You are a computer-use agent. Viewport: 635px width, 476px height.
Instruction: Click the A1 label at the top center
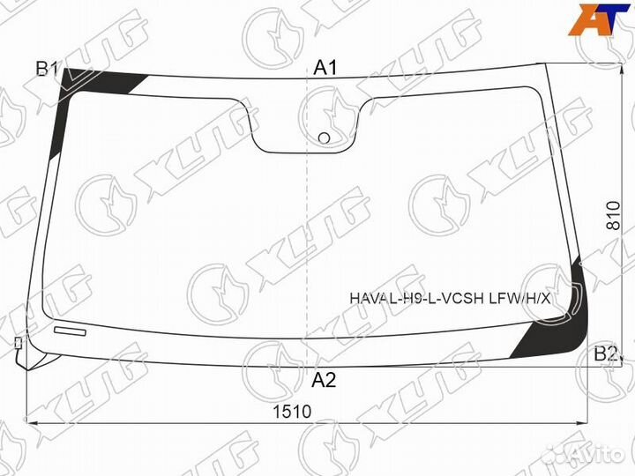pyautogui.click(x=327, y=68)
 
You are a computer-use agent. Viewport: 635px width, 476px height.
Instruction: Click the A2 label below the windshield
pyautogui.click(x=325, y=381)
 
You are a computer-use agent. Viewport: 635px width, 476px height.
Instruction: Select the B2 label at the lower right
pyautogui.click(x=605, y=354)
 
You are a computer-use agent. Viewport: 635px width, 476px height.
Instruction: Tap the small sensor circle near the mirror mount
pyautogui.click(x=324, y=137)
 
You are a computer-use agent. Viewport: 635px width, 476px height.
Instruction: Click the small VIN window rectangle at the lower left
pyautogui.click(x=71, y=331)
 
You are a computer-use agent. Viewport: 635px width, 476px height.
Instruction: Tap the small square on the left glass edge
pyautogui.click(x=17, y=341)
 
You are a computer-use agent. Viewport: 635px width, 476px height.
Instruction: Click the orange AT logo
pyautogui.click(x=601, y=19)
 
